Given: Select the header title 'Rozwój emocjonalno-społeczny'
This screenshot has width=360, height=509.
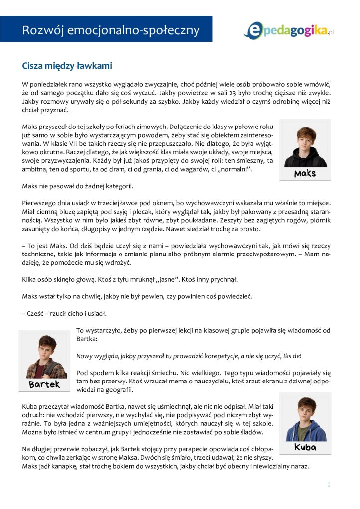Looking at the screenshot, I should coord(111,30).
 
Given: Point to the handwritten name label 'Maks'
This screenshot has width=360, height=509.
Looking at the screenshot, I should coord(305,174).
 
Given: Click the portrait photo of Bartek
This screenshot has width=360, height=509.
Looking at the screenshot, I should coord(44,355).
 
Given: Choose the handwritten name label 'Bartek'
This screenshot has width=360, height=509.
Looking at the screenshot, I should coord(44,384).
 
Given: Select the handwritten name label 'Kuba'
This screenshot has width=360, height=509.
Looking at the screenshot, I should coord(305,447).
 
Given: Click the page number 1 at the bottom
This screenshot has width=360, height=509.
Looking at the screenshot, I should coord(329,484).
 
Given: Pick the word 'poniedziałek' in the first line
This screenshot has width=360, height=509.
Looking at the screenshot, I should coord(50,83).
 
